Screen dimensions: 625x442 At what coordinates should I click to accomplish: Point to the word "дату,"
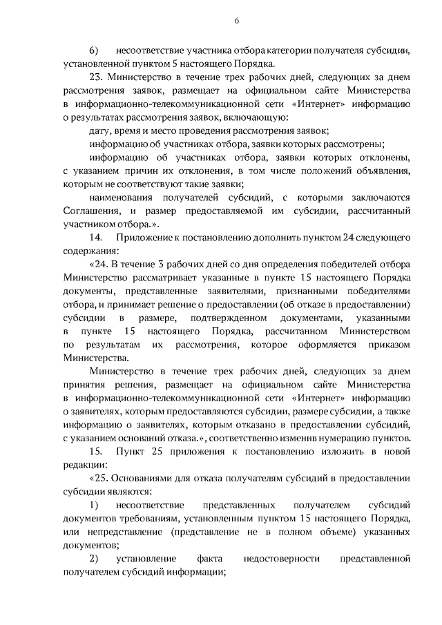coord(101,131)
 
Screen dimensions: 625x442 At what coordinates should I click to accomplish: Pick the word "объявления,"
coord(385,170)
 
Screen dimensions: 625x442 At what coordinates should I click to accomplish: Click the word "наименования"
coord(119,197)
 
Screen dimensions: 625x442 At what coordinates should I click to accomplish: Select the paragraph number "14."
coord(97,237)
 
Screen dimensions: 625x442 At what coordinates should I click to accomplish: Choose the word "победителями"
coord(380,291)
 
